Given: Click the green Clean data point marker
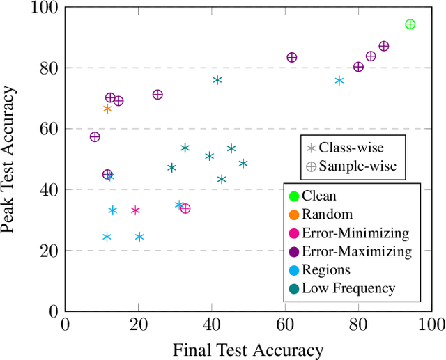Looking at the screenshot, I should point(410,24).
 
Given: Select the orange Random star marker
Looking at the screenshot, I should point(107,109).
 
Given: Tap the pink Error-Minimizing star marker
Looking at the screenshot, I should point(135,210).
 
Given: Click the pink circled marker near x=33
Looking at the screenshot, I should point(185,208).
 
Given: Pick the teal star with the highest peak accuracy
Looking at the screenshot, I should point(217,80).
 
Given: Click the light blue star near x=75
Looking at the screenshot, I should point(339,81).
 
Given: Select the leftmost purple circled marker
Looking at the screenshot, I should point(95,137).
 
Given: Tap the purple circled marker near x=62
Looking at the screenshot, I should point(292,58).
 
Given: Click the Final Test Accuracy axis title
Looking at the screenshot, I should point(248,349).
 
